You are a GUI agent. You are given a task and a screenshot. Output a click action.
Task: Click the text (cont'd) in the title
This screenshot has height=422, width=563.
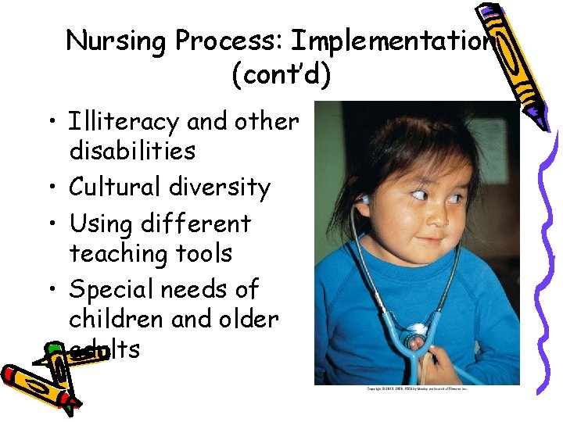coord(281,76)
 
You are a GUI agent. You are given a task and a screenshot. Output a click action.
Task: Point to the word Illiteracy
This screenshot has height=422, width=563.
coord(125,122)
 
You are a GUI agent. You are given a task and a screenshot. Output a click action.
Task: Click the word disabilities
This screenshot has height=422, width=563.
coord(132,150)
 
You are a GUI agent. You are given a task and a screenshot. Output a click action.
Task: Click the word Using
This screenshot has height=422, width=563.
coord(101,224)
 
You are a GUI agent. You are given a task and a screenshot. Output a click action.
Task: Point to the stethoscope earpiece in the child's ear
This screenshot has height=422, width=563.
coord(364,200)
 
